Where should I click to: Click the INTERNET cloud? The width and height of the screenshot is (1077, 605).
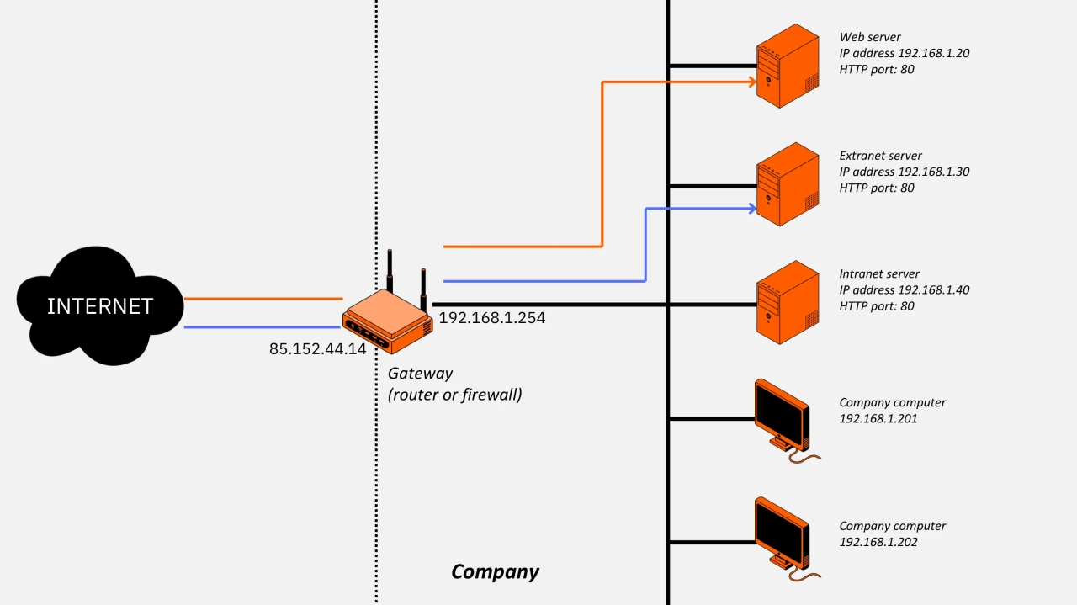[100, 306]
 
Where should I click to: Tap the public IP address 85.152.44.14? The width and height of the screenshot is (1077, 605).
[317, 348]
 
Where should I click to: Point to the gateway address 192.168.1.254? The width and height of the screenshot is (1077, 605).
[492, 319]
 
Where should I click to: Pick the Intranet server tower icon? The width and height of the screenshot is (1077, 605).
[787, 302]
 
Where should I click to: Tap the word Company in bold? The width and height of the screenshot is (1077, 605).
[495, 572]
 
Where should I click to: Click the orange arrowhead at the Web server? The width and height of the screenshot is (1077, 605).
[750, 82]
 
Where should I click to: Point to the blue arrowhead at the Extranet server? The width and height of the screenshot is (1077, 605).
[751, 208]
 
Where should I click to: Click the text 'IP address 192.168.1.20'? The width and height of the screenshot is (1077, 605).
[905, 53]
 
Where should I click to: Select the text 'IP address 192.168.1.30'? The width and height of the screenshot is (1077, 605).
[905, 172]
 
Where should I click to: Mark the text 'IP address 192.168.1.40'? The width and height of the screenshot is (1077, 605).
[905, 289]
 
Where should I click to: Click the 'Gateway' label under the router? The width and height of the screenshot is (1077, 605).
[420, 373]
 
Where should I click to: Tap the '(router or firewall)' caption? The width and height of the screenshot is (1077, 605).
[454, 393]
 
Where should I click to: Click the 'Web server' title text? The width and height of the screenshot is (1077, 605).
[870, 37]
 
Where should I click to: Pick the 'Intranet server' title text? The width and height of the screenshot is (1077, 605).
[879, 273]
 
